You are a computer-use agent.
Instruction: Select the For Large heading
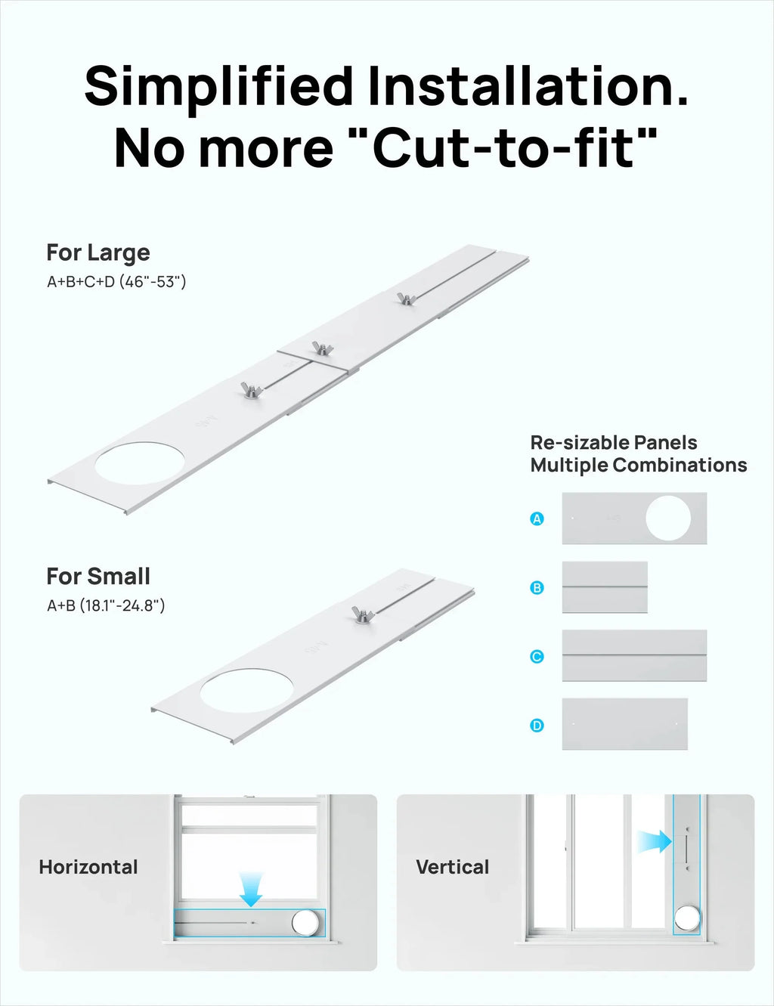[98, 253]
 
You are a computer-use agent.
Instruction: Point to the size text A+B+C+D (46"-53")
[116, 281]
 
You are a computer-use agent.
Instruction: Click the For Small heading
[98, 577]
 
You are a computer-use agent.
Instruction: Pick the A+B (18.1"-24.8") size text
[106, 605]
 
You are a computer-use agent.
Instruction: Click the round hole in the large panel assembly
[139, 463]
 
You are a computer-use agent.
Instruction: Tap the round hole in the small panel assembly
[246, 690]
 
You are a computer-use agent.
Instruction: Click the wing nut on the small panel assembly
[363, 614]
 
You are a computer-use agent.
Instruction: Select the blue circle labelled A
[537, 518]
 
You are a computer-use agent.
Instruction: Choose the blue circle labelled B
[537, 587]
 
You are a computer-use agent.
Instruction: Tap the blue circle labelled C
[537, 657]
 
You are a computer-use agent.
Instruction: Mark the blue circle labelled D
[537, 726]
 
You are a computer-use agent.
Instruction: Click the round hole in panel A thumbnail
[668, 518]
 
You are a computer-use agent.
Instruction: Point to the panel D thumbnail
[625, 724]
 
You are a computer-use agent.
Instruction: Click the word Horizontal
[88, 867]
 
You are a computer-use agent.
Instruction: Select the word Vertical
[452, 867]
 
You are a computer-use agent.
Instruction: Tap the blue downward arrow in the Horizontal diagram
[251, 890]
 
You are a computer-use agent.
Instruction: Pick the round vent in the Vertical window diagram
[687, 918]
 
